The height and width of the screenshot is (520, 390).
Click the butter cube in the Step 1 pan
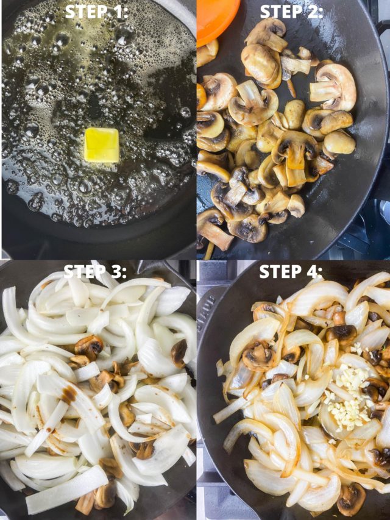coord(101,145)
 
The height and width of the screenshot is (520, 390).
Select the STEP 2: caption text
coord(291,12)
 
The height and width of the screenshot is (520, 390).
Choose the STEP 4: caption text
coord(291,272)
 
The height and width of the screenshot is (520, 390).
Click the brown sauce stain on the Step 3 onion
coord(69,394)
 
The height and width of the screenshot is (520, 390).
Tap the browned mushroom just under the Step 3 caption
coord(89,346)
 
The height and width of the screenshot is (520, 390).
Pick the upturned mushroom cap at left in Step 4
coord(257,356)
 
